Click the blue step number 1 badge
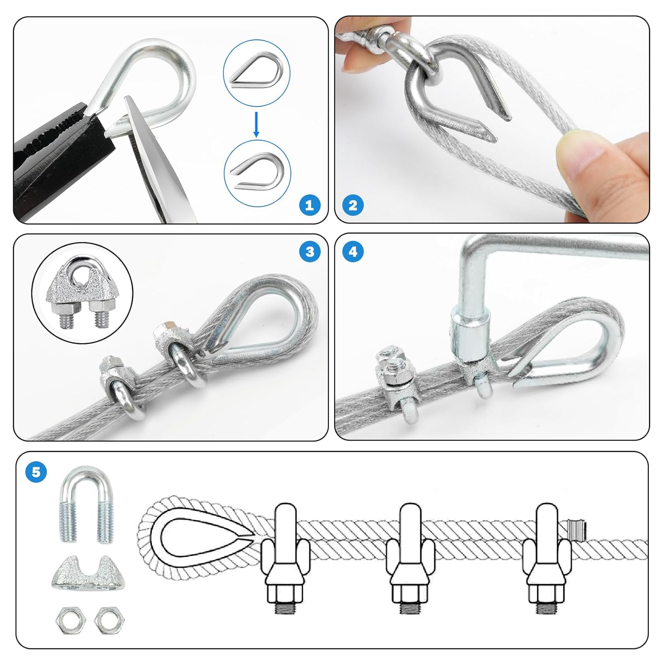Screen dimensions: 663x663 309,205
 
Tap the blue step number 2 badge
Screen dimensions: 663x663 353,205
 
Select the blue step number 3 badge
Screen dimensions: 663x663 309,251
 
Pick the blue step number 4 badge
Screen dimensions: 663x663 353,251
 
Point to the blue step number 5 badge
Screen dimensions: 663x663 36,472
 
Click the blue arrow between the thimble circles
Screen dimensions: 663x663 256,124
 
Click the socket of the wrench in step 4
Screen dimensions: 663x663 470,333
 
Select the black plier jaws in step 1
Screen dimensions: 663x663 57,159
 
